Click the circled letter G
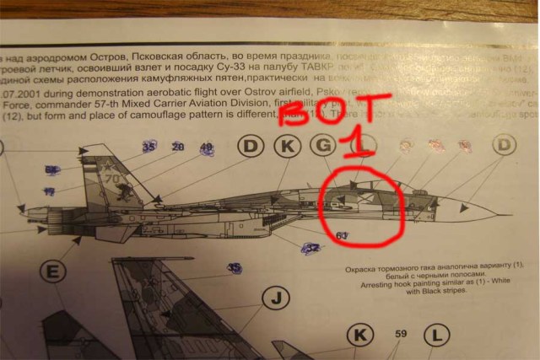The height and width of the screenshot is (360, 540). tap(324, 147)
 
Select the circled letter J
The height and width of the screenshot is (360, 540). tap(275, 298)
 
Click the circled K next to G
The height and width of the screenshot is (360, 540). tap(288, 147)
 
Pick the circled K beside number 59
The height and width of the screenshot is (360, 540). tap(360, 336)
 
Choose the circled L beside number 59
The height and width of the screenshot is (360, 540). tap(437, 336)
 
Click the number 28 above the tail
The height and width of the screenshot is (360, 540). tap(177, 148)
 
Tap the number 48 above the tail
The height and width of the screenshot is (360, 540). tap(206, 148)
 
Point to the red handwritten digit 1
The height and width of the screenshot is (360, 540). tap(361, 139)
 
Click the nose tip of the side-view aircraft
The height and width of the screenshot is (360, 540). tap(511, 213)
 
